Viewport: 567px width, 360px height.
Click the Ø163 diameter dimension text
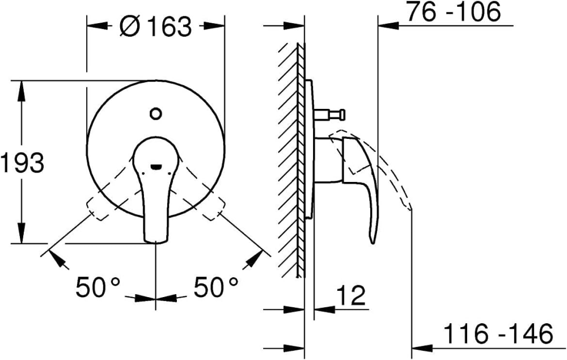click(155, 26)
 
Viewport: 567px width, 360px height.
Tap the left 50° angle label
click(98, 287)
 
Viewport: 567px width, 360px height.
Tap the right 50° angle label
click(216, 287)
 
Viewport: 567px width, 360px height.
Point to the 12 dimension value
click(352, 295)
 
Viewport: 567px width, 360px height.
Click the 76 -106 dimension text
click(454, 12)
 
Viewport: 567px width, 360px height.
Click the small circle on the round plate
click(155, 113)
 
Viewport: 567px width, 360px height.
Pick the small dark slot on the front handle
click(156, 167)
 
